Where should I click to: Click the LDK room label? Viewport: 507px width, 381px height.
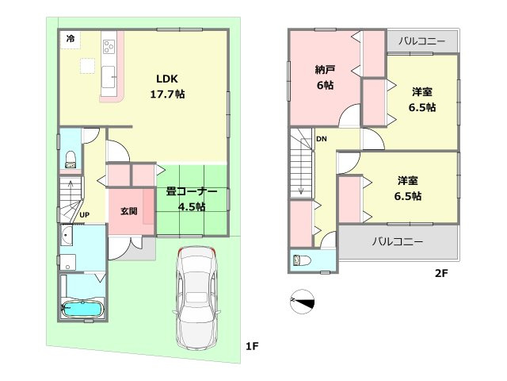pos(166,79)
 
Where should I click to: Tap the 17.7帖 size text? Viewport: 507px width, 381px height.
pos(167,94)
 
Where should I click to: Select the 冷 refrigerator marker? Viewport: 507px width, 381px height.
pos(71,38)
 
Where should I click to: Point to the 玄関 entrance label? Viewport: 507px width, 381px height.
pos(129,211)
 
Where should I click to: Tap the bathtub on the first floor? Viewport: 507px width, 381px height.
pos(82,307)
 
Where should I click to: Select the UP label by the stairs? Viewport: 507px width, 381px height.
pos(84,215)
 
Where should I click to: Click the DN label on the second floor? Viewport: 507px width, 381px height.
pos(321,140)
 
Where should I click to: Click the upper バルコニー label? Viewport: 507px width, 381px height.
pos(421,40)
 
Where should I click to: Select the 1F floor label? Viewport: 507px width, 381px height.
pos(252,346)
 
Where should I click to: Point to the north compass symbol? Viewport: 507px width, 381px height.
pos(303,301)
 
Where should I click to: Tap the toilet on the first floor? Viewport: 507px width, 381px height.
pos(70,159)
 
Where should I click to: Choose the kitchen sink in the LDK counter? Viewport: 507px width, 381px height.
pos(109,79)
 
